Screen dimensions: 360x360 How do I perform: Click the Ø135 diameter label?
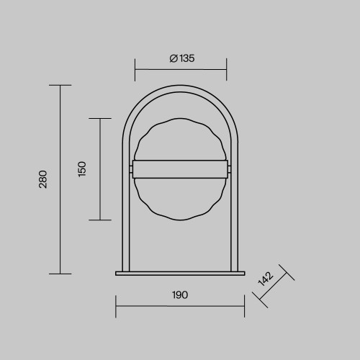click(182, 58)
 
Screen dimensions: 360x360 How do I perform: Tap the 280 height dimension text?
click(43, 179)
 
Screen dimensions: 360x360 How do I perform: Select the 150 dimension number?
click(82, 169)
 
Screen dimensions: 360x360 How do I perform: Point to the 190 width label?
click(180, 294)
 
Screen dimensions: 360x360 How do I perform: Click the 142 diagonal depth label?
click(266, 279)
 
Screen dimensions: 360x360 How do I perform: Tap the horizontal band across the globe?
click(180, 169)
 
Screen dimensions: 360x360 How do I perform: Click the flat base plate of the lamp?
click(180, 274)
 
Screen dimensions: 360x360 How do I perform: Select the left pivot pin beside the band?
click(131, 169)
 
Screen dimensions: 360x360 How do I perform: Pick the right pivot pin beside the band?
click(229, 169)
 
